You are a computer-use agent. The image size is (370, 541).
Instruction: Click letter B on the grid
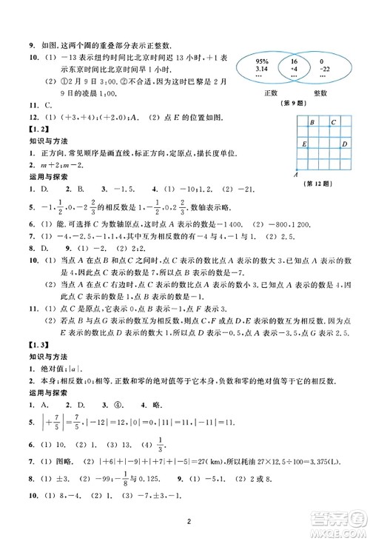click(314, 121)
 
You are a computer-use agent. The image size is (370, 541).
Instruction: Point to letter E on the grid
click(303, 144)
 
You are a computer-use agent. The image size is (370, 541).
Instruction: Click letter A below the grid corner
click(295, 175)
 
